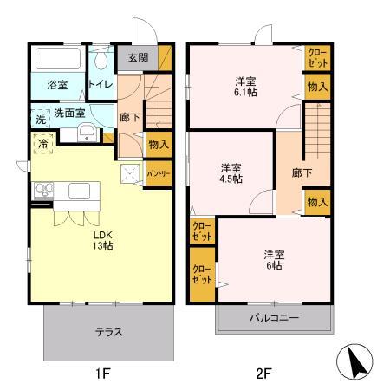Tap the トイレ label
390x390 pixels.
click(100, 85)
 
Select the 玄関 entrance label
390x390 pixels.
click(138, 58)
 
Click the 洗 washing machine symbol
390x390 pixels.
click(39, 120)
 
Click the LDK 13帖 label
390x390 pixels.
click(102, 238)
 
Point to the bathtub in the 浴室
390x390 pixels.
click(57, 60)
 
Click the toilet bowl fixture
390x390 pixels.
click(102, 61)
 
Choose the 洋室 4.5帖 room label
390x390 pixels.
click(231, 172)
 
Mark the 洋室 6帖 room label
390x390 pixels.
click(273, 259)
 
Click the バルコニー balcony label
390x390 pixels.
click(275, 318)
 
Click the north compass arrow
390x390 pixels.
click(355, 362)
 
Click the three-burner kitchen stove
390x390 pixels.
click(42, 191)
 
